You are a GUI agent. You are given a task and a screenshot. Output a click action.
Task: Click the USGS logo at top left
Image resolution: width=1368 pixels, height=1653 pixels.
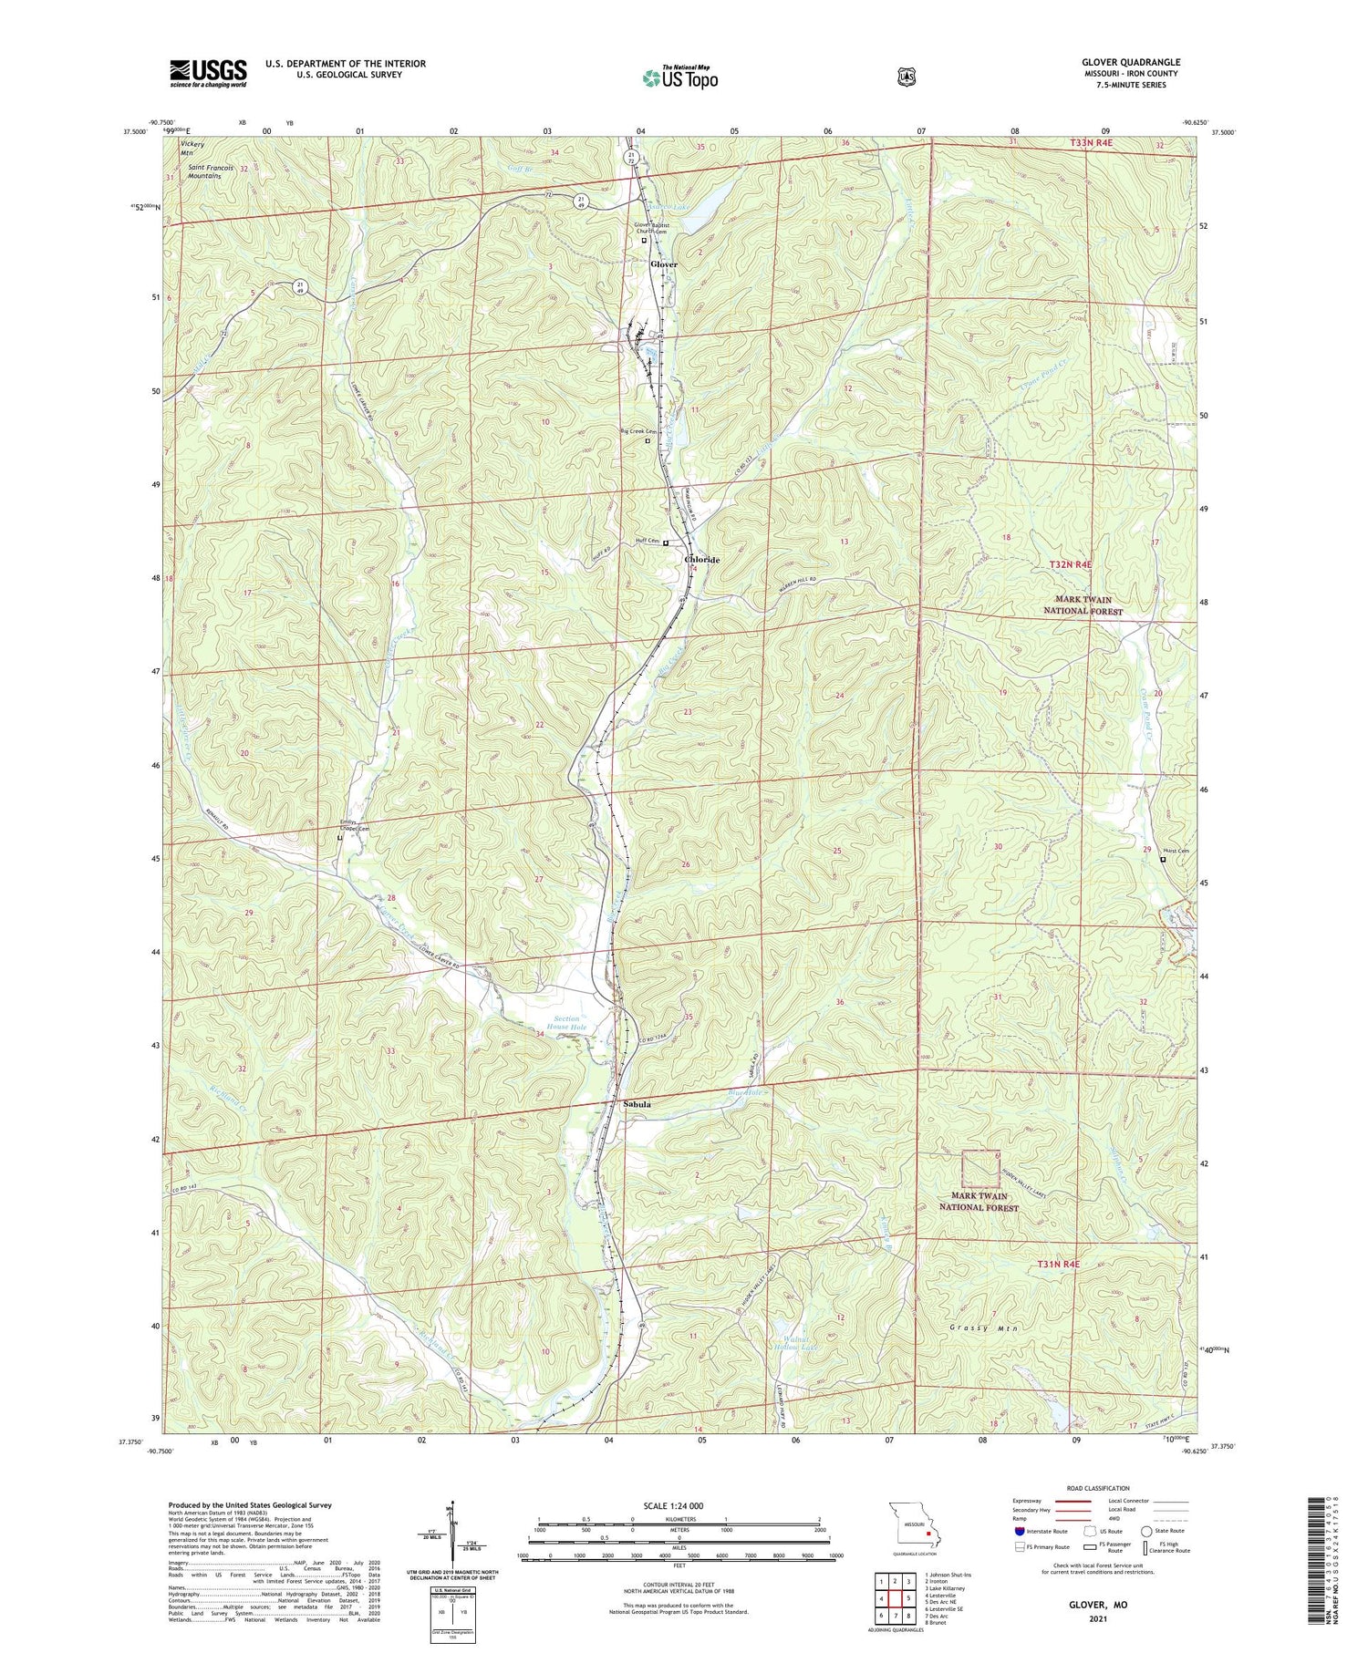(208, 73)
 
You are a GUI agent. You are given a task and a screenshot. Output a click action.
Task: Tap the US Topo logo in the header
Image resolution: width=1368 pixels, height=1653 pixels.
(679, 77)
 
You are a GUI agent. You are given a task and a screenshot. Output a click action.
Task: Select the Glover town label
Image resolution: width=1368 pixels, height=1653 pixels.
(664, 264)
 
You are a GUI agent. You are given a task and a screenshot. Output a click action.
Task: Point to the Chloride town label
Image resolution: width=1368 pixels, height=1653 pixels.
(702, 560)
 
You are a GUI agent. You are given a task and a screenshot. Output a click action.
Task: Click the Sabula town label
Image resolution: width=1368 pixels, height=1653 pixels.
(637, 1104)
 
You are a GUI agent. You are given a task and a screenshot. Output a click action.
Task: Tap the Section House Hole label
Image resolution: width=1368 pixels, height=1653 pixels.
(566, 1023)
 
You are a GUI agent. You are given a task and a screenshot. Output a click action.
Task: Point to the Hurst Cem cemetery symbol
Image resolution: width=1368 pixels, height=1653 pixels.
(1163, 859)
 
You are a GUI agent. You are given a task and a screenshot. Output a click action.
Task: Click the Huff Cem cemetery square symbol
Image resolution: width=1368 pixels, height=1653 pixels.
(666, 543)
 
